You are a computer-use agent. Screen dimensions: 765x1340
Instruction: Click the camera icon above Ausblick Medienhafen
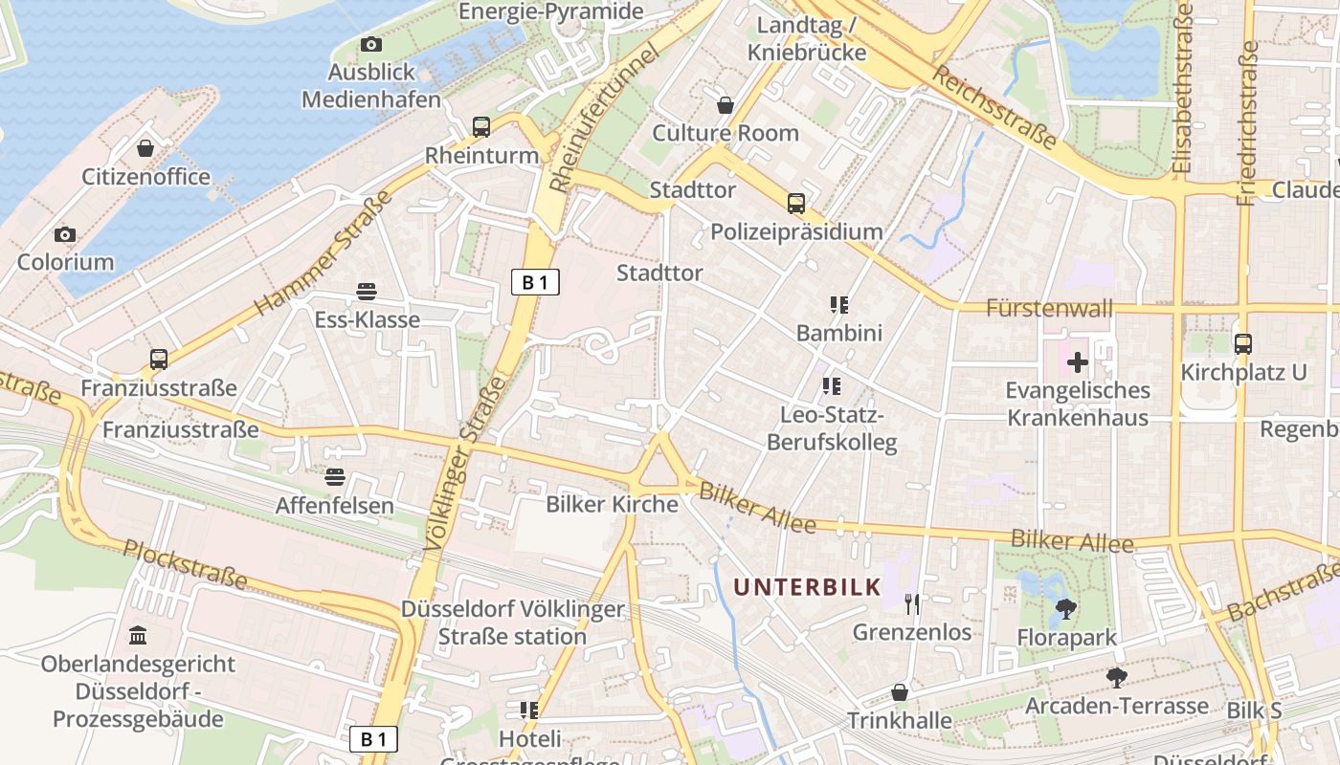tap(371, 44)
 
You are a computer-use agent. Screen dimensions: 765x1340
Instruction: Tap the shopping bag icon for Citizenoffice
tap(145, 148)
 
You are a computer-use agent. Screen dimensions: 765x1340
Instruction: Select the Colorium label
tap(65, 261)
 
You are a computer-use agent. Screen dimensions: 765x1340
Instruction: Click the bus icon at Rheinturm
tap(481, 126)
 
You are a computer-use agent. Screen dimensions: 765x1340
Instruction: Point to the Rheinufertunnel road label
tap(605, 118)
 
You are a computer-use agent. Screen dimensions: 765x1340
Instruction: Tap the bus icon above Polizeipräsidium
tap(795, 203)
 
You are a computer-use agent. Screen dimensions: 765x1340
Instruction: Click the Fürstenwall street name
tap(1049, 308)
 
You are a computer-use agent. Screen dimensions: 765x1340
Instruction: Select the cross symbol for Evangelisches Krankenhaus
tap(1078, 361)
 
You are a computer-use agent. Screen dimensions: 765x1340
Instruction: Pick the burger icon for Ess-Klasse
tap(366, 291)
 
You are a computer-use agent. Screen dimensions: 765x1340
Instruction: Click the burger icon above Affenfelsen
tap(334, 476)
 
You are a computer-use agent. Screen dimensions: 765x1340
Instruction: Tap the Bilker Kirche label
tap(612, 504)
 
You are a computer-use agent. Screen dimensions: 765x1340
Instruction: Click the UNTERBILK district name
tap(807, 586)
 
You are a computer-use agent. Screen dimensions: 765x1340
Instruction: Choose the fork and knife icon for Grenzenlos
tap(911, 603)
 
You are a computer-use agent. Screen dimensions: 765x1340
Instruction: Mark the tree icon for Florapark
tap(1064, 608)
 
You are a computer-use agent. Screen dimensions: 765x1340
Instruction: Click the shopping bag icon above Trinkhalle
tap(900, 691)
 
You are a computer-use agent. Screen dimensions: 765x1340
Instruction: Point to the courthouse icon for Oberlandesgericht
tap(138, 635)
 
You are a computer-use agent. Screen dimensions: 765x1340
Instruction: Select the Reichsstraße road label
tap(995, 108)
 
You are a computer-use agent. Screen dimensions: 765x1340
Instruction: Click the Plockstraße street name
tap(186, 563)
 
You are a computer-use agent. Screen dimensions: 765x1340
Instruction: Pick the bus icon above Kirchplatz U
tap(1242, 343)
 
